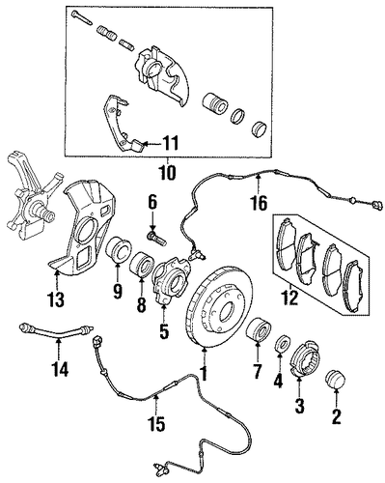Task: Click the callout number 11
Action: [x=170, y=144]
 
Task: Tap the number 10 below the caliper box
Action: [x=167, y=173]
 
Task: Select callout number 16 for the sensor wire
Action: [x=259, y=203]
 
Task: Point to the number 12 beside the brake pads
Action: [x=289, y=298]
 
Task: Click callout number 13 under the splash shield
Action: [x=56, y=299]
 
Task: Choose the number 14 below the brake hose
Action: [x=61, y=369]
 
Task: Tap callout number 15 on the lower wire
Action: [x=157, y=423]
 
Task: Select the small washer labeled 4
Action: [x=283, y=344]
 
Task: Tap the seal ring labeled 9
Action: [x=119, y=251]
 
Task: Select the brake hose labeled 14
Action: [x=56, y=332]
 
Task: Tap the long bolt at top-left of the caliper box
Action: [x=82, y=17]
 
